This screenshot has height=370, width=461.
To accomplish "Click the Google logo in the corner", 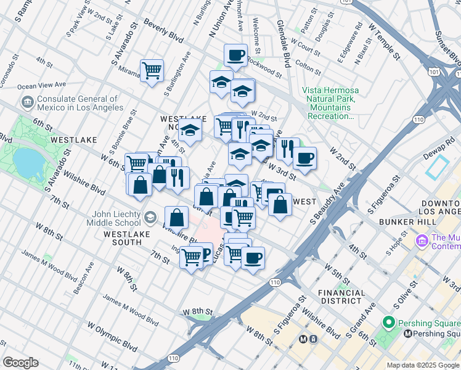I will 20,363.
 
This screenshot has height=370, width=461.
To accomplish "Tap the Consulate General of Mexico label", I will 77,103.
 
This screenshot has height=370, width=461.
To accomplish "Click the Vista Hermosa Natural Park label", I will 330,103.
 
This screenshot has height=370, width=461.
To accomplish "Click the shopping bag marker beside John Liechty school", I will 177,217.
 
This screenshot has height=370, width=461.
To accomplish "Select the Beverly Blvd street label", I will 163,30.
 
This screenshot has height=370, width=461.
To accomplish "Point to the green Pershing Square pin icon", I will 388,322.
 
